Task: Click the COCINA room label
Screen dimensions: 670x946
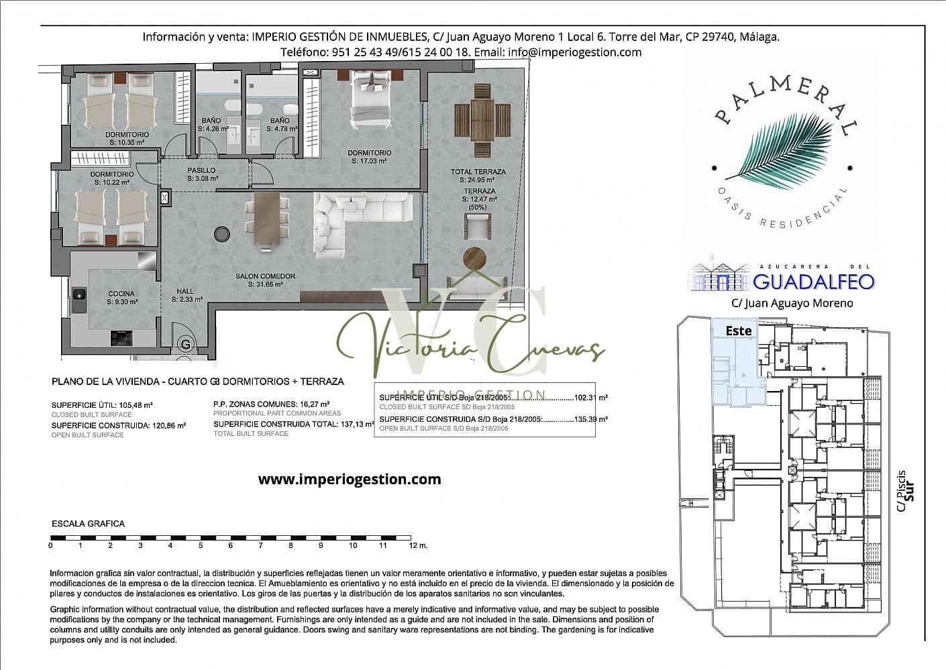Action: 121,293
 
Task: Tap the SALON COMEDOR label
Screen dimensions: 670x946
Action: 265,276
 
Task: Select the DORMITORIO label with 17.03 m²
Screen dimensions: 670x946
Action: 369,153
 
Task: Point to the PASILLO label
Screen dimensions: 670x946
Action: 201,170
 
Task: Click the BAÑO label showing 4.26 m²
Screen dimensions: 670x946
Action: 211,121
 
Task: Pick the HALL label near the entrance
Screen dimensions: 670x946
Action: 185,291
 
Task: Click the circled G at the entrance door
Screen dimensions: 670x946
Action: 185,345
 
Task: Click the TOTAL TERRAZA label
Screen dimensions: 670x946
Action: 478,172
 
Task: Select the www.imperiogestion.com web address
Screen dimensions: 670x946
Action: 350,479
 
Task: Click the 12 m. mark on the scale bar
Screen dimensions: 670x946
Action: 417,545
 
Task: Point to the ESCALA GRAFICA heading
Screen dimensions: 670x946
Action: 88,523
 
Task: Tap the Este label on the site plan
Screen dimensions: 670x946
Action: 739,331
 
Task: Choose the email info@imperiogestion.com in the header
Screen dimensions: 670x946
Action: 575,52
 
